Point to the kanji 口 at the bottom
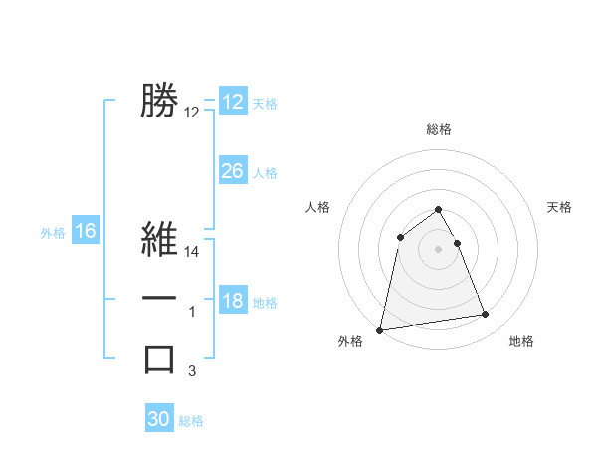159,357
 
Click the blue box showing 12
232,102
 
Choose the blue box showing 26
232,171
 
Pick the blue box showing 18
232,301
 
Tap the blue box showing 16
86,231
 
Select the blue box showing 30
159,419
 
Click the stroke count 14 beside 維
193,253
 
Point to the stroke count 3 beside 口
193,371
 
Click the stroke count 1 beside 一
193,313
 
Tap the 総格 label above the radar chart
439,129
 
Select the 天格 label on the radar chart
560,207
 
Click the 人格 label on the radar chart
317,207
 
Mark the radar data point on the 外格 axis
380,329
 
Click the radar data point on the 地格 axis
486,315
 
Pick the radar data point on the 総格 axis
439,209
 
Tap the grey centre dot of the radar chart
439,248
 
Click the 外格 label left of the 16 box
53,233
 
